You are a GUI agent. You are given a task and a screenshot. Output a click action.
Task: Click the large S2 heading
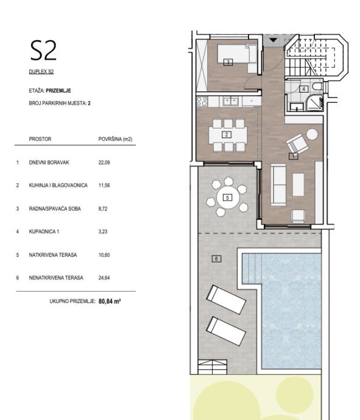click(43, 51)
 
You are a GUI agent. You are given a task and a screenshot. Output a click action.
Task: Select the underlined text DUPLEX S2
click(41, 72)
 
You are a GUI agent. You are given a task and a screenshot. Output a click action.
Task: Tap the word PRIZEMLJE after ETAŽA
click(58, 91)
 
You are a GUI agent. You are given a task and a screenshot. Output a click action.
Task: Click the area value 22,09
click(104, 163)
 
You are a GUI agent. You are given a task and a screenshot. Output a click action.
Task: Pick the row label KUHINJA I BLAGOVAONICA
click(58, 185)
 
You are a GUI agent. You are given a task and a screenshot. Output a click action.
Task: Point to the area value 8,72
click(103, 208)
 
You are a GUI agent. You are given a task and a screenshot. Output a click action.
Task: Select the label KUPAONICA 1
click(44, 231)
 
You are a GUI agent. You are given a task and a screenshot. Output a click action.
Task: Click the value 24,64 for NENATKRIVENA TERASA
click(104, 278)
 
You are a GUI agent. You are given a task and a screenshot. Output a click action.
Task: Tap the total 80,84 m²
click(110, 301)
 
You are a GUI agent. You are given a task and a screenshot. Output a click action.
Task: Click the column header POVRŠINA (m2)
click(115, 139)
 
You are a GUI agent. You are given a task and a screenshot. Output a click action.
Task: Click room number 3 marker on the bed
click(228, 63)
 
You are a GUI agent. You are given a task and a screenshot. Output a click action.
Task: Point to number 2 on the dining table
click(227, 135)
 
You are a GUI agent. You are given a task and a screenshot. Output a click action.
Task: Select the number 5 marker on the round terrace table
click(227, 198)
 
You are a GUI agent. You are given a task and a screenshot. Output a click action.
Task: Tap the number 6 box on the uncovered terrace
click(216, 259)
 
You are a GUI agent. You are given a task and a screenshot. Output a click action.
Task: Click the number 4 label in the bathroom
click(303, 89)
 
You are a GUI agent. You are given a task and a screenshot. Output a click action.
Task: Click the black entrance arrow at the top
click(273, 40)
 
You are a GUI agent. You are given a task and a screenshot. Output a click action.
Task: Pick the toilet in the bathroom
click(318, 87)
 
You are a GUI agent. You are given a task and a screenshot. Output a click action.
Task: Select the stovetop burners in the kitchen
click(202, 102)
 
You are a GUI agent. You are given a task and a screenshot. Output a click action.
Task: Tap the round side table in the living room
click(312, 134)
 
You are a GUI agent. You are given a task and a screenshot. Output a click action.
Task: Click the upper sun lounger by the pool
click(226, 299)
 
